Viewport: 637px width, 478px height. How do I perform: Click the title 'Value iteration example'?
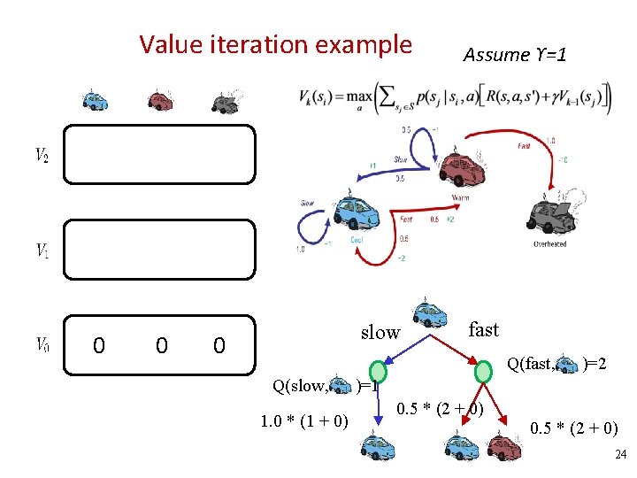275,44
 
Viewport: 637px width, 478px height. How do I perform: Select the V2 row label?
42,156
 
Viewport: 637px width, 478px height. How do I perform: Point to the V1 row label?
42,251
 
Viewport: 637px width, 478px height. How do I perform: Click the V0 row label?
42,344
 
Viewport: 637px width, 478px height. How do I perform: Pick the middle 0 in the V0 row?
160,345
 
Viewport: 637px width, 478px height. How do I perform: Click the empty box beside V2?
158,154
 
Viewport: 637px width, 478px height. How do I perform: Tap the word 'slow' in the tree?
380,333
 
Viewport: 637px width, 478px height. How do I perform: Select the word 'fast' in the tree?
483,330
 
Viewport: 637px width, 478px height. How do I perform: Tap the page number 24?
619,455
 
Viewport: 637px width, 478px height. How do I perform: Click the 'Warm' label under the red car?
460,197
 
